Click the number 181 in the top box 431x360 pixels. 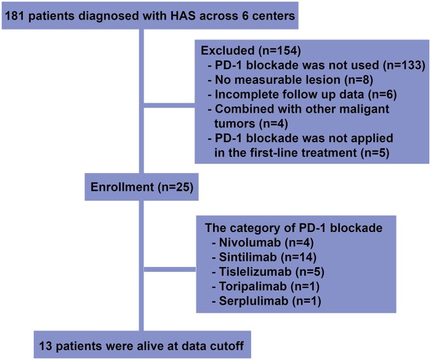[x=15, y=16]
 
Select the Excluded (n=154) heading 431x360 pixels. [x=251, y=50]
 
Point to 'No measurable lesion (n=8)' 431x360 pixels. [x=291, y=80]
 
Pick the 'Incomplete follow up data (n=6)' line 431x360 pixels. [x=302, y=94]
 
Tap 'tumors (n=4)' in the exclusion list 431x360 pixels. [x=251, y=124]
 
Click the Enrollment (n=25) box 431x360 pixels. [x=142, y=187]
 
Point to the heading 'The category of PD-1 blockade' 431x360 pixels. [x=294, y=228]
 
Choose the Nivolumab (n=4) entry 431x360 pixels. [x=263, y=242]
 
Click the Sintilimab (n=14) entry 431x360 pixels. [x=264, y=257]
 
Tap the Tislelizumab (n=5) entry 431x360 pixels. [x=268, y=271]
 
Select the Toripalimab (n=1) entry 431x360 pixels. [x=266, y=286]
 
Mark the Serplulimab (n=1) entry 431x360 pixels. [x=267, y=301]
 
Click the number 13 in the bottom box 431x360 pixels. [x=46, y=346]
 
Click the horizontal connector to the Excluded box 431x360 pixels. [x=169, y=105]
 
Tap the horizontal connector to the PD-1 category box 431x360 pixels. [x=170, y=270]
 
